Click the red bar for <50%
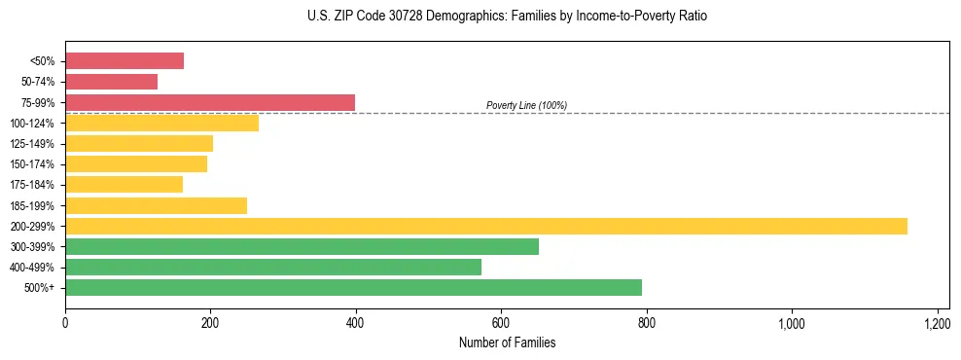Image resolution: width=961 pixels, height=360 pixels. pos(125,61)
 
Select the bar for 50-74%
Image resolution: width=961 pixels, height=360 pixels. pos(111,82)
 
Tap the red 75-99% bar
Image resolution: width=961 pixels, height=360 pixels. pos(210,102)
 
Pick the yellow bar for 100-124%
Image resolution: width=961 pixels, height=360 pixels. pos(161,123)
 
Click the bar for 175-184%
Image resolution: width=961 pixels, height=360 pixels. pos(124,185)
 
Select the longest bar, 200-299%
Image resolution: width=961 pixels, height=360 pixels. pos(486,226)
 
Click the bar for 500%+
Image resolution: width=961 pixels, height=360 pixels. pos(353,287)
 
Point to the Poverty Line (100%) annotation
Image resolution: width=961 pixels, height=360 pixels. pos(526,105)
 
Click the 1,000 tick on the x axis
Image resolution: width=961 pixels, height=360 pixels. pos(792,322)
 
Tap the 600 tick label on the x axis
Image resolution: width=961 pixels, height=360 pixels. pos(501,322)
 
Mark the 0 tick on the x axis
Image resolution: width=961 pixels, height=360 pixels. pos(65,322)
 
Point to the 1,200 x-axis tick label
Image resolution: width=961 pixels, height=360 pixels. pos(937,322)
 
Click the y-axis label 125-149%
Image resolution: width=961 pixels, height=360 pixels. pos(32,144)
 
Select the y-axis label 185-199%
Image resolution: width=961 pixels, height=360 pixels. pos(32,205)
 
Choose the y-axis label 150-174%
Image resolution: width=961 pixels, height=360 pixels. pos(32,164)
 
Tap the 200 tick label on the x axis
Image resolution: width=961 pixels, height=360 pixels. pos(210,322)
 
